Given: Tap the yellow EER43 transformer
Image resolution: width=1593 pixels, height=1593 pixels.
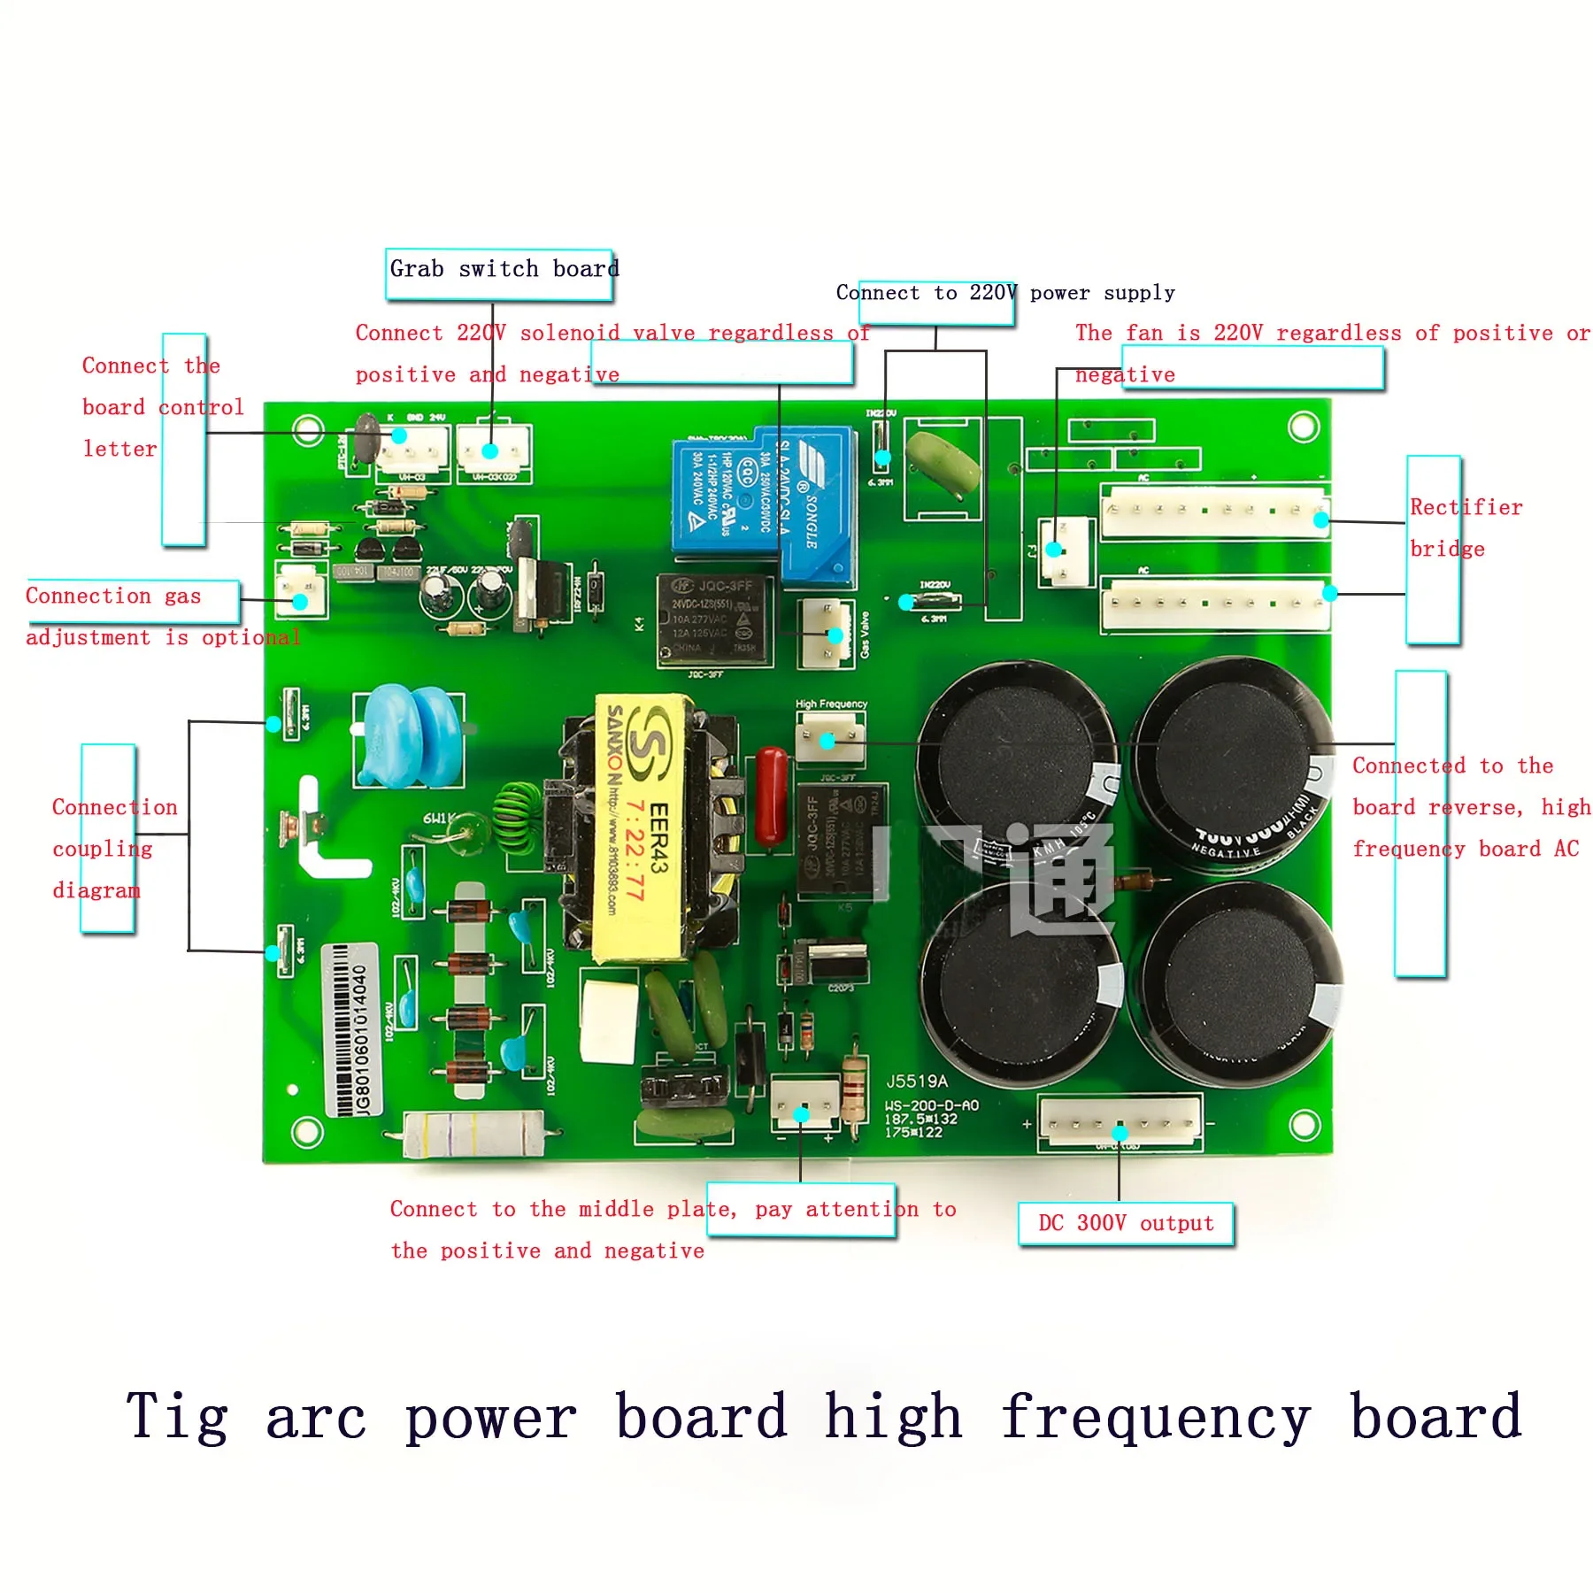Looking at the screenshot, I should (x=645, y=827).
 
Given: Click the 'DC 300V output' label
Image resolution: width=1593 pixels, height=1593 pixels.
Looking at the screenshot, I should (x=1126, y=1223).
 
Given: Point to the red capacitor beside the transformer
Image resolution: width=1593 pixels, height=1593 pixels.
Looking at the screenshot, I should (x=772, y=796).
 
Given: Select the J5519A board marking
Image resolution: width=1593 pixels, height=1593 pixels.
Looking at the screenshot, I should (x=917, y=1081).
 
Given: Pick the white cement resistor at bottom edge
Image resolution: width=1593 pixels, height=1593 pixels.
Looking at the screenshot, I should (x=473, y=1134).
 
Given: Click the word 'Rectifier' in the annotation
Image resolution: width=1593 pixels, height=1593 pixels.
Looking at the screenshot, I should (x=1466, y=507).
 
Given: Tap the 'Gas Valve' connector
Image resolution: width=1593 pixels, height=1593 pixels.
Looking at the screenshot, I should (x=827, y=634).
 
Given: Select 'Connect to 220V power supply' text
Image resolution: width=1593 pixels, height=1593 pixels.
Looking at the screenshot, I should (x=1005, y=293).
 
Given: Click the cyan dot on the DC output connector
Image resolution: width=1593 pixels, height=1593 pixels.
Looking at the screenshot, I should (x=1120, y=1133).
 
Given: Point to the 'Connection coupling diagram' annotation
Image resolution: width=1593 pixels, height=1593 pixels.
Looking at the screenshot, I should (x=114, y=848).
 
